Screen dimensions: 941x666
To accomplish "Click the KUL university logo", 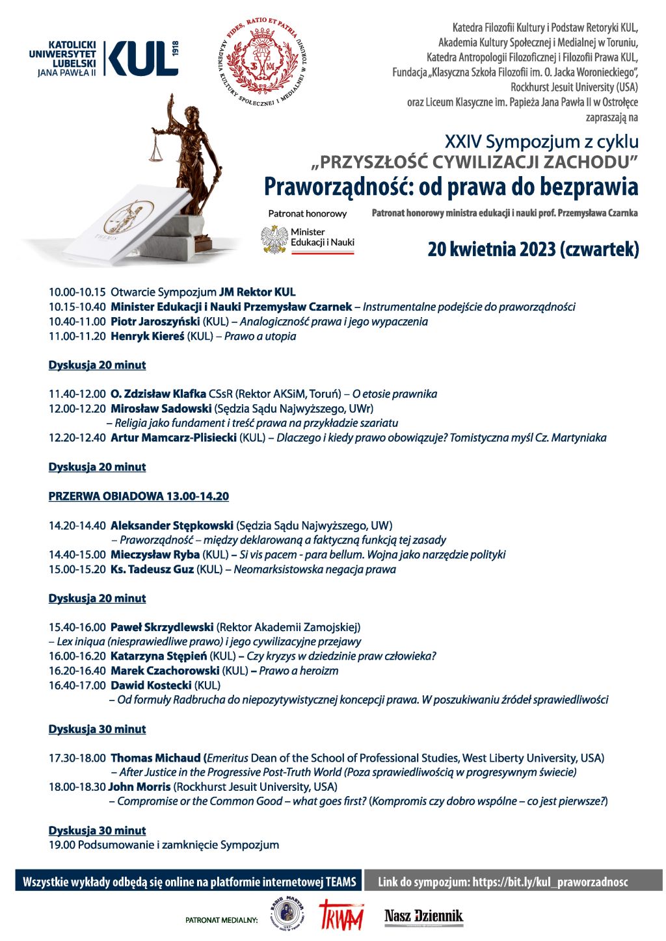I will (x=104, y=58).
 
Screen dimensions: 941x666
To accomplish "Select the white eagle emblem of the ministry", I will (x=274, y=239).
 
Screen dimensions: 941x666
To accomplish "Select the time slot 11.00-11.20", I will (x=77, y=337).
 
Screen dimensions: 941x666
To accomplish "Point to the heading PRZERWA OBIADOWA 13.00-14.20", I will (x=139, y=496).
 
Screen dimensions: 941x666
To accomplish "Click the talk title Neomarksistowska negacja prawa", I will (x=315, y=570).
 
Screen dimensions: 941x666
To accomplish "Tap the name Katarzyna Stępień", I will (x=159, y=656).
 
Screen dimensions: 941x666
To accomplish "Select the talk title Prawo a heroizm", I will (x=299, y=671).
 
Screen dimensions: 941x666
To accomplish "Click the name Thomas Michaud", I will (x=155, y=758).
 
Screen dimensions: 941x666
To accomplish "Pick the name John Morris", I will (x=139, y=787).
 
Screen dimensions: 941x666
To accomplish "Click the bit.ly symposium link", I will (x=550, y=882).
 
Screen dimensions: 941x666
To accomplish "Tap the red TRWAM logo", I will (x=340, y=916).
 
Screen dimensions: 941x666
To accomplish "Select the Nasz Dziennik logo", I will (x=423, y=917).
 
